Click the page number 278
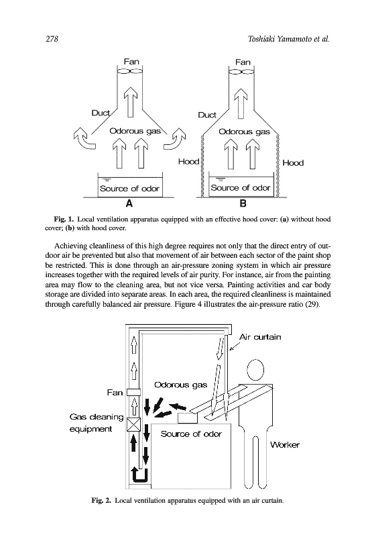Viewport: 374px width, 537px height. (52, 39)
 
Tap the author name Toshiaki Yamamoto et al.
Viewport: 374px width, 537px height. (288, 39)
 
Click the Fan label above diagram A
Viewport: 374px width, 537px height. (131, 61)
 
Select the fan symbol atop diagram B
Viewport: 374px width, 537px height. (241, 72)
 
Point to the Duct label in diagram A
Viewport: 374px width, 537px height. (100, 113)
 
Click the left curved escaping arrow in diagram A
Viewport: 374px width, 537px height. (84, 139)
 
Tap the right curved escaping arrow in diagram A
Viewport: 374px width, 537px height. (174, 139)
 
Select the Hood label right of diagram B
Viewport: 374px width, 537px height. (293, 162)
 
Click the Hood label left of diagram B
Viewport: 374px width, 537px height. (188, 161)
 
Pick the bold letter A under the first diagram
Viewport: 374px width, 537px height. (129, 203)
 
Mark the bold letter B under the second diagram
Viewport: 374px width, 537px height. (243, 203)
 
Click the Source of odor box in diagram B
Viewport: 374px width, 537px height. (241, 187)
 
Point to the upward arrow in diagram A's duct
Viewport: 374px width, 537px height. (130, 102)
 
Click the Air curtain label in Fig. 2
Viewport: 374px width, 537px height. (260, 337)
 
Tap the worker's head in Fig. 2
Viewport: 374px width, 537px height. (255, 370)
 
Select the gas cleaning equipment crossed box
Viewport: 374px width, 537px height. (133, 425)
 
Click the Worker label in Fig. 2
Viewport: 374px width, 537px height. (284, 445)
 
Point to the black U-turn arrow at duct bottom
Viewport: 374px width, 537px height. (139, 475)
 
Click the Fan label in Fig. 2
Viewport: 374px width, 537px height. (115, 393)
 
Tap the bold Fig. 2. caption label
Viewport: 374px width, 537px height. (101, 500)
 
